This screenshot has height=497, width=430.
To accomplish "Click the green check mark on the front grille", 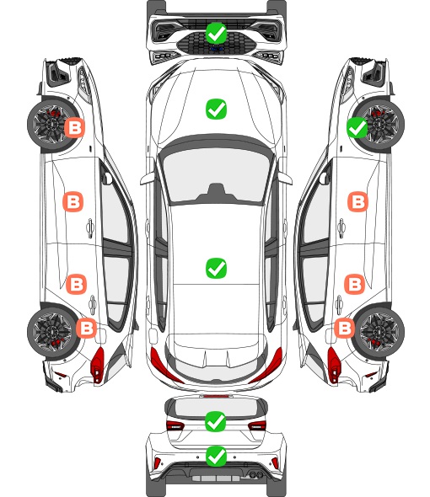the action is click(x=216, y=33).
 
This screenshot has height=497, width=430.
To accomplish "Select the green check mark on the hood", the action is click(x=216, y=109).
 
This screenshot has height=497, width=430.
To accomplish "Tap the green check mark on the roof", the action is click(x=216, y=268).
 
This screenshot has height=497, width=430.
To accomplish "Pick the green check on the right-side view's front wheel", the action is click(x=357, y=127).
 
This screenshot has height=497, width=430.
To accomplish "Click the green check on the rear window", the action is click(x=216, y=421).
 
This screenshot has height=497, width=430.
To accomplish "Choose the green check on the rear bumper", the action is click(x=216, y=456).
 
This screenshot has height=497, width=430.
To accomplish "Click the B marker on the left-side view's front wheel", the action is click(x=75, y=127).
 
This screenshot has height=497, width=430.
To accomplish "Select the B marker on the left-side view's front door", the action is click(x=73, y=201).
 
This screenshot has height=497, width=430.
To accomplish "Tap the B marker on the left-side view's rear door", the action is click(x=76, y=284).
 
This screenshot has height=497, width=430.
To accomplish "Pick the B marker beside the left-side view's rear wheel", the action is click(x=86, y=328).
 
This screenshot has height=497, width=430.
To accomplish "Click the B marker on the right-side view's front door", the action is click(x=358, y=201).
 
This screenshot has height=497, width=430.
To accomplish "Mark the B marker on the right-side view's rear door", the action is click(x=354, y=284).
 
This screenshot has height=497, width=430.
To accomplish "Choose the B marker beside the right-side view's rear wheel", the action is click(x=344, y=328).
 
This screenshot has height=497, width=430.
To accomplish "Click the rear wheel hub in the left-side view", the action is click(x=51, y=332).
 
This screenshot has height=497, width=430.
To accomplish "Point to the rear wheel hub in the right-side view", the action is click(x=379, y=332).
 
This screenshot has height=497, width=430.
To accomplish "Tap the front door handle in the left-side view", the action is click(x=90, y=227).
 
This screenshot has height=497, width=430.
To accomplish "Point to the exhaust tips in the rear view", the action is click(x=256, y=474).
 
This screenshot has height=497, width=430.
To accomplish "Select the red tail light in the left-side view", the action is click(x=98, y=365).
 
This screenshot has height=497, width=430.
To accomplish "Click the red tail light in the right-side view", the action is click(x=334, y=365).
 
